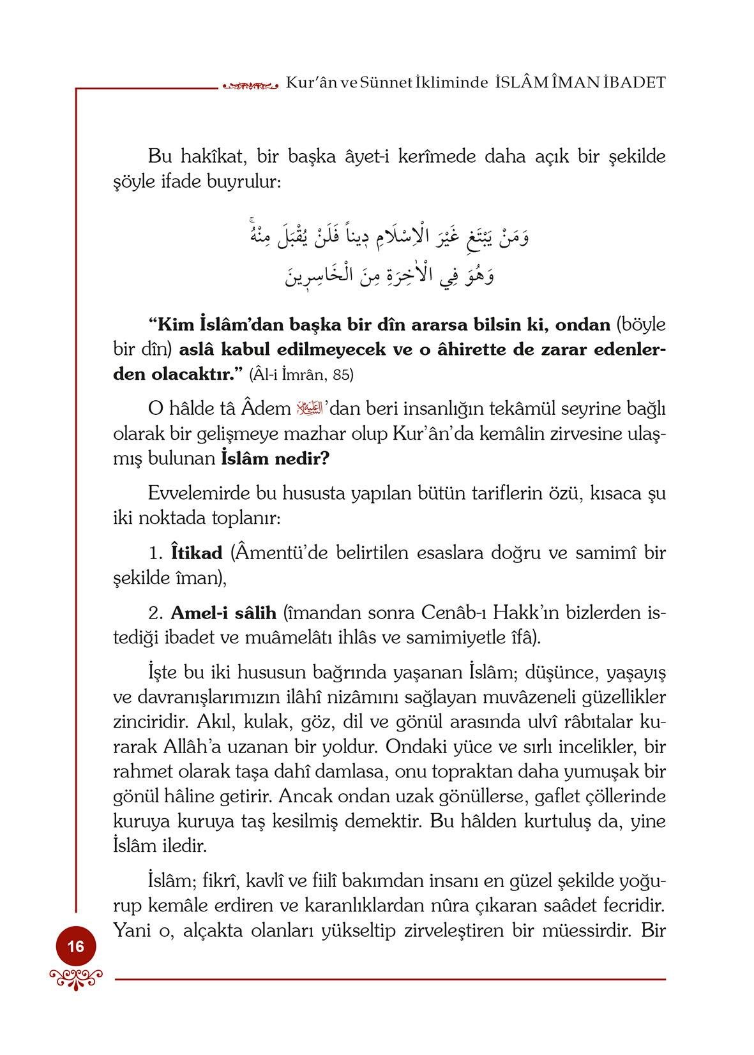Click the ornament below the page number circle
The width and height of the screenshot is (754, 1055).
[x=75, y=976]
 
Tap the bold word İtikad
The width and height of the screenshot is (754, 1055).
[x=197, y=553]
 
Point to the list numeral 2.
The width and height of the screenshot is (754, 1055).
[x=155, y=614]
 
